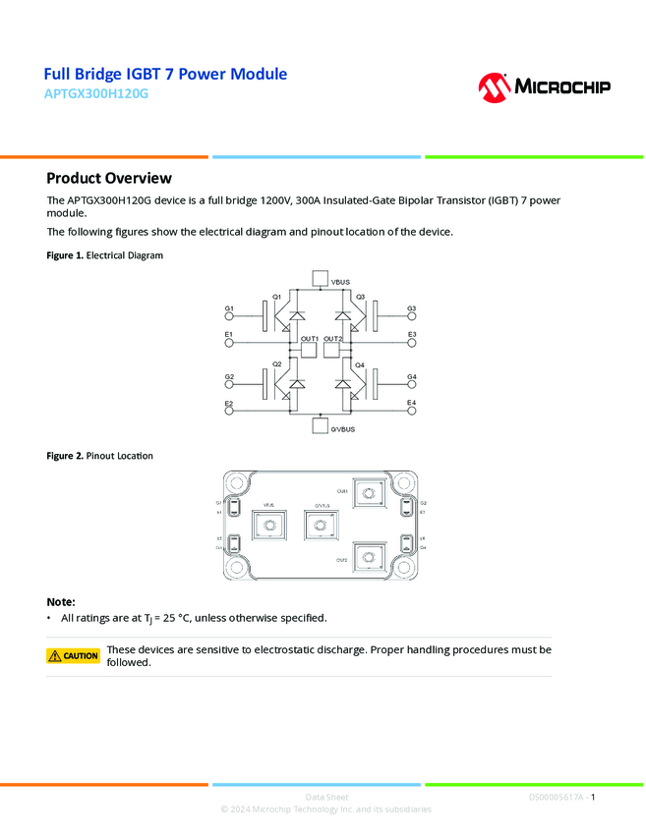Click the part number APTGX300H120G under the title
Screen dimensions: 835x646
click(99, 95)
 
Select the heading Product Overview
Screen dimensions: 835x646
click(109, 178)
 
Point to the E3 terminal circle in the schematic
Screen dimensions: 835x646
click(412, 344)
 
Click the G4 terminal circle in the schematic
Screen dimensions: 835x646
click(412, 385)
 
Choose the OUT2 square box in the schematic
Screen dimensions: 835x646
click(332, 349)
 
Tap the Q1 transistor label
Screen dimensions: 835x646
click(277, 297)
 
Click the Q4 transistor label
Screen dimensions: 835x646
click(360, 365)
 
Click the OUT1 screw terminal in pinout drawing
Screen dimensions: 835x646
click(368, 494)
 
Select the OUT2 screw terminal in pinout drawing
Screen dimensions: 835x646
click(368, 559)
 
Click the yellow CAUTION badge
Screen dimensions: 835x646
click(74, 655)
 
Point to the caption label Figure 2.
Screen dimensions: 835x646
click(65, 456)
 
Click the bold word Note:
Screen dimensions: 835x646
click(61, 601)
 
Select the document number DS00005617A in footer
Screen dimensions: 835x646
click(556, 798)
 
